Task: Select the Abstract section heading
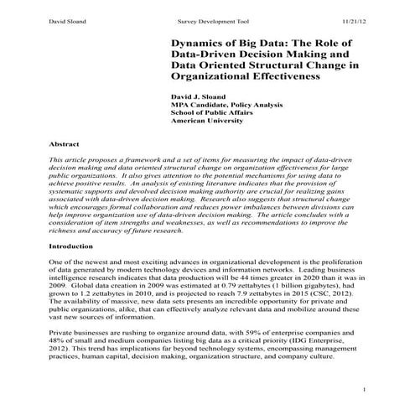[x=65, y=144]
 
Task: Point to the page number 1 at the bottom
[x=366, y=391]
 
